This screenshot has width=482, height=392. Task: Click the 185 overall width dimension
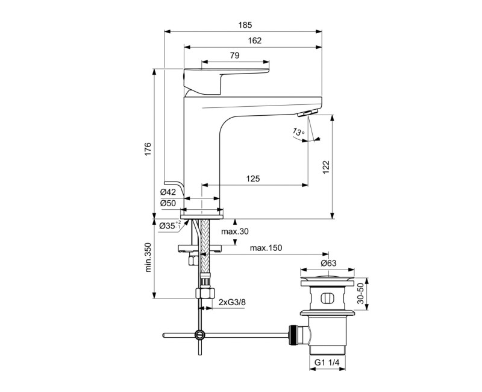coord(244,25)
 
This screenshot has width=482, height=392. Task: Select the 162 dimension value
coord(254,40)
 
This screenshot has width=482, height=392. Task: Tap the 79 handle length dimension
coord(234,55)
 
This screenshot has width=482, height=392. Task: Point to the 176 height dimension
coord(148,150)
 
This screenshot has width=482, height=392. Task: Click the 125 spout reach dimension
coord(254,179)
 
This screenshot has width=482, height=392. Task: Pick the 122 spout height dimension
coord(326,166)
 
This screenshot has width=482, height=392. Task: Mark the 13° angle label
coord(298,132)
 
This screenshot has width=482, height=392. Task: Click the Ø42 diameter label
coord(168,192)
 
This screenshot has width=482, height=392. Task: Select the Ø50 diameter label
coord(168,203)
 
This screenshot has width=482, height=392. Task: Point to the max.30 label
coord(234,232)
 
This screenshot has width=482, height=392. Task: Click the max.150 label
coord(266,248)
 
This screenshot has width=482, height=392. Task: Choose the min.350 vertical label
coord(148,258)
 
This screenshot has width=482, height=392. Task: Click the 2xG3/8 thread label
coord(231,302)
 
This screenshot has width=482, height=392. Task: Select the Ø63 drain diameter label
coord(328,263)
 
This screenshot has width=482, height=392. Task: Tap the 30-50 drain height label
coord(360,294)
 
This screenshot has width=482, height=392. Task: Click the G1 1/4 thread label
coord(329,362)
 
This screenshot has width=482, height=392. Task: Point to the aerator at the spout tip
coord(307,114)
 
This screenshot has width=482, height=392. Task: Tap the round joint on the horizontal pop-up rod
coord(199,335)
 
